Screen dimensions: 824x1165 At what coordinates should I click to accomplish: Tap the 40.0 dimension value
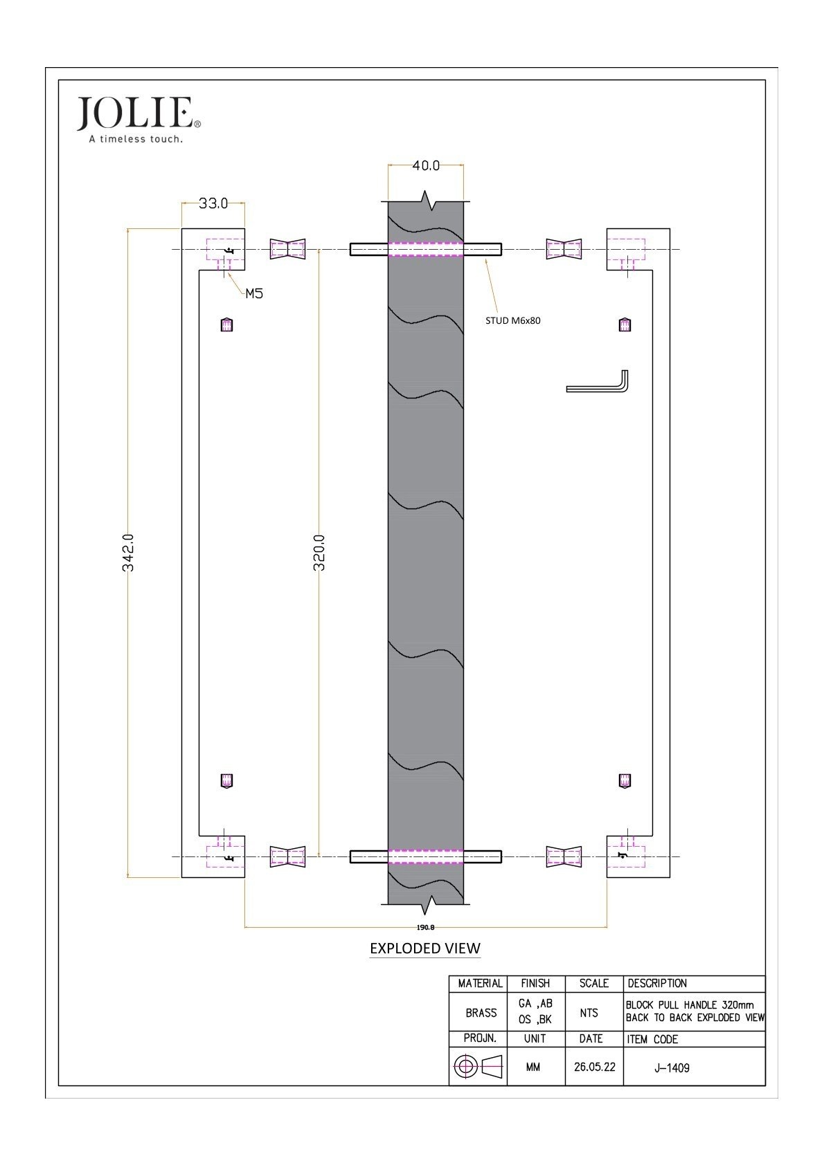tap(426, 165)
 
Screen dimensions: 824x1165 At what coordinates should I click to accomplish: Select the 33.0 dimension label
tap(213, 203)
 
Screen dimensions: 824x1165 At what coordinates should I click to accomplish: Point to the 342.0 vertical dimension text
tap(128, 552)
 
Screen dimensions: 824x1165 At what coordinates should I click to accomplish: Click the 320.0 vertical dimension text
tap(319, 552)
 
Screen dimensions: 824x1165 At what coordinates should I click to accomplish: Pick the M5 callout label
tap(254, 294)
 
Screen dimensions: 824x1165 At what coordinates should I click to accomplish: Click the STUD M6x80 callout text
tap(512, 321)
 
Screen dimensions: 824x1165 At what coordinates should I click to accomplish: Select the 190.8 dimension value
tap(426, 927)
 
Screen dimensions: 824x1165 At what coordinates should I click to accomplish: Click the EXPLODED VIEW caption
tap(424, 948)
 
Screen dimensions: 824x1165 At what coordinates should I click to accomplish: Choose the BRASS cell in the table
tap(481, 1013)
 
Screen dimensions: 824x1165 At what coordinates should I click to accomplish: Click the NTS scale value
tap(589, 1013)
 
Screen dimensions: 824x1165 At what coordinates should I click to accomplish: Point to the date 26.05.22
tap(594, 1067)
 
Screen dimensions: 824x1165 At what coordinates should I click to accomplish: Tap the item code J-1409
tap(672, 1067)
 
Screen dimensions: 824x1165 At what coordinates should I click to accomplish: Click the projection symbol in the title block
tap(478, 1067)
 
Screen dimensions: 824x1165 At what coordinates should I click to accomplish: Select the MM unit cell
tap(533, 1067)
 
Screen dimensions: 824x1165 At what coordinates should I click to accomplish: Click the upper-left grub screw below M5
tap(227, 324)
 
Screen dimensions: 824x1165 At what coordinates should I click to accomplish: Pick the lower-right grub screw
tap(625, 780)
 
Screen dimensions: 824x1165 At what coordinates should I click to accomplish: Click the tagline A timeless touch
tap(136, 139)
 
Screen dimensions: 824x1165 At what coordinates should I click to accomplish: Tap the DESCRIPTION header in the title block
tap(657, 983)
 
